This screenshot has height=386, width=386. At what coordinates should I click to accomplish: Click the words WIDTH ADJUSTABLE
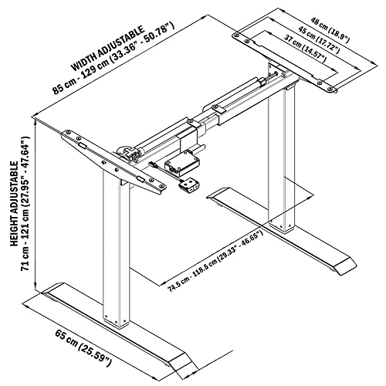[x=108, y=48]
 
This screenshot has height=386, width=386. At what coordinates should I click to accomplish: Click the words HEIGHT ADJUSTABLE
[x=15, y=204]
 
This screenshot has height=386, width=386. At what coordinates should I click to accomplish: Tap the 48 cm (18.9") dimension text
[x=330, y=30]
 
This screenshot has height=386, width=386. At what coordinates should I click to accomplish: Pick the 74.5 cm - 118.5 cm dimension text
[x=215, y=262]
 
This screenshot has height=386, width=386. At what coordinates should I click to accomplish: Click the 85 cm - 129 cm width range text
[x=113, y=58]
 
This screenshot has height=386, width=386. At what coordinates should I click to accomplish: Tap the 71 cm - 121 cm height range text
[x=25, y=203]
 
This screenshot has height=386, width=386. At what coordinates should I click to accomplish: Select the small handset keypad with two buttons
[x=188, y=185]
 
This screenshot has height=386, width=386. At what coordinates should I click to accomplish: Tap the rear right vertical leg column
[x=281, y=160]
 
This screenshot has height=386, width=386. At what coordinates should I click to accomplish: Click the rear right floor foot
[x=282, y=229]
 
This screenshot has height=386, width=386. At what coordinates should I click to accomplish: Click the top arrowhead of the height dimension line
[x=36, y=121]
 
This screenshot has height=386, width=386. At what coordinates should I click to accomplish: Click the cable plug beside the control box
[x=152, y=164]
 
